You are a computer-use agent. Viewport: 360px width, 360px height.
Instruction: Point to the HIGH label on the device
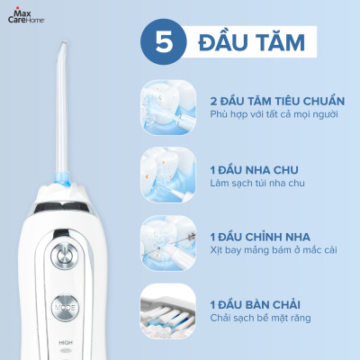[x=64, y=342]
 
